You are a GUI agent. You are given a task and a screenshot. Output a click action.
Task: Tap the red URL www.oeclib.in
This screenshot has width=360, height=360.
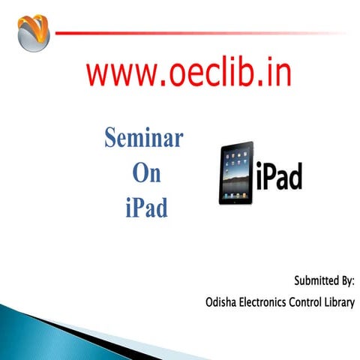click(188, 73)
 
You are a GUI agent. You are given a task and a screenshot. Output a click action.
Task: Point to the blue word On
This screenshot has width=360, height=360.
click(146, 172)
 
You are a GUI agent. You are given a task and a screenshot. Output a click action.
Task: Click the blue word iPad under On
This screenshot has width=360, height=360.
click(146, 206)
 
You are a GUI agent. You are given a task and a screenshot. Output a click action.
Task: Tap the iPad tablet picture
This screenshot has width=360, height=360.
click(236, 173)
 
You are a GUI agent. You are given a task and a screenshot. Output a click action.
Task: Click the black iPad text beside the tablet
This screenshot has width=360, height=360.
click(278, 175)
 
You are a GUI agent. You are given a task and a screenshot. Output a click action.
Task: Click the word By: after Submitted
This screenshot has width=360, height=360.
click(346, 281)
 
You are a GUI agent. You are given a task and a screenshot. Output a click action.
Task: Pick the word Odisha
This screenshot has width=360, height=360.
click(223, 303)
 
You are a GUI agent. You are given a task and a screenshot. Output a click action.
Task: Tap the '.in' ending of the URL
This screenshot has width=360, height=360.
click(275, 73)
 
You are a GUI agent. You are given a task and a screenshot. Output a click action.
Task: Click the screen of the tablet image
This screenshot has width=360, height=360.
click(235, 172)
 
